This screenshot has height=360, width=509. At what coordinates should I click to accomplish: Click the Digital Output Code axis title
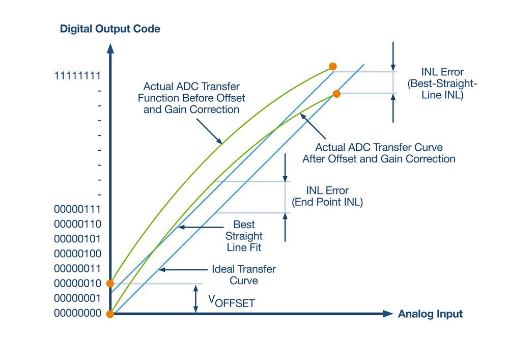(x=110, y=29)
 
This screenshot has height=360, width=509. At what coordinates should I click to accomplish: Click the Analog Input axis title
(x=430, y=314)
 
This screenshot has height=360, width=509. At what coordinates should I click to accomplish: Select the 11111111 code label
(x=78, y=75)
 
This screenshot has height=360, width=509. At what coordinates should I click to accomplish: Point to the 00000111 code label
(x=78, y=209)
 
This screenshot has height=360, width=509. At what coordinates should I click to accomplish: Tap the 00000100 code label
(x=78, y=254)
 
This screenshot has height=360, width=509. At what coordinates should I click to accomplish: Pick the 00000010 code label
(x=78, y=283)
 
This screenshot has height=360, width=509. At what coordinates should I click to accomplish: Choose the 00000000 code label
(x=78, y=314)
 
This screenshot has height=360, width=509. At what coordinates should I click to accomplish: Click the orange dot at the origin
(x=110, y=314)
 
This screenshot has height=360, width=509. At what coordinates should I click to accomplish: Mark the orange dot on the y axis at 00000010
(x=110, y=283)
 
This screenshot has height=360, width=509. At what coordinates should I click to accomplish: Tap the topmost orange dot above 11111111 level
(x=333, y=66)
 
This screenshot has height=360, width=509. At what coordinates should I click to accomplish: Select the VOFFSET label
(x=231, y=301)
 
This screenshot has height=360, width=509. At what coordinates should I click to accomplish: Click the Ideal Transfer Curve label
(x=243, y=275)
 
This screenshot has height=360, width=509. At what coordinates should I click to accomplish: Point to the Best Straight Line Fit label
(x=244, y=236)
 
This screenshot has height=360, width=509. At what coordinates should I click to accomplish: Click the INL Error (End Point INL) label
(x=327, y=197)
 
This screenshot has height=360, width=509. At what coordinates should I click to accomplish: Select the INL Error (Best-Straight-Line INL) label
(x=442, y=84)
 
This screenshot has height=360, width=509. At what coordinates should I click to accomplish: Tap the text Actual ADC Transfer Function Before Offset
(x=191, y=98)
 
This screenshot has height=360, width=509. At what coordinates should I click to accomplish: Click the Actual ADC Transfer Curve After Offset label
(x=379, y=153)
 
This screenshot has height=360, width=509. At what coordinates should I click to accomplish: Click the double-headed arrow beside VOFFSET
(x=195, y=299)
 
